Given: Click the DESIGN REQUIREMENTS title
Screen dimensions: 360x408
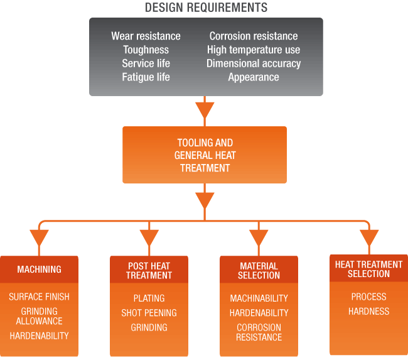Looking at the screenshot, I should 206,8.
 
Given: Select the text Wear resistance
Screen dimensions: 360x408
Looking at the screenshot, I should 146,36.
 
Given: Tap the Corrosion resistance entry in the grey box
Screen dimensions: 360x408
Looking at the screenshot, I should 254,36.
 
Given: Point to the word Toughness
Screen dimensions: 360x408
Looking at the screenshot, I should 146,50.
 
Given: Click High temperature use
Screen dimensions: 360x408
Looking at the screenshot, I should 254,50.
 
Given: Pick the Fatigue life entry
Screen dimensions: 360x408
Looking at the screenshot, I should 146,77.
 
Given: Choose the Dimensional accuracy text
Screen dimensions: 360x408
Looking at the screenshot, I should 254,63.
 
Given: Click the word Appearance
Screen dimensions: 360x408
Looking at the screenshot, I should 254,77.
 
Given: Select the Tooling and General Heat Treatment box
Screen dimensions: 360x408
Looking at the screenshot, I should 205,155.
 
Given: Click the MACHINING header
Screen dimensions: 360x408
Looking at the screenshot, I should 40,270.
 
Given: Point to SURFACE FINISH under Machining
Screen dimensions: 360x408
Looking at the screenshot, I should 40,297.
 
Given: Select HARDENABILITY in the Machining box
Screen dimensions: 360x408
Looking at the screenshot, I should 40,335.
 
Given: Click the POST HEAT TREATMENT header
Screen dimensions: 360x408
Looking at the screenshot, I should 149,271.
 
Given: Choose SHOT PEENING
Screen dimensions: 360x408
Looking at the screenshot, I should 149,313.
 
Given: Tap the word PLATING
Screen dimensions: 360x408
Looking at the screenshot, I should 149,298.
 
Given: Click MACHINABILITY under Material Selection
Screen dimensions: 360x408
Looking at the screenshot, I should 259,298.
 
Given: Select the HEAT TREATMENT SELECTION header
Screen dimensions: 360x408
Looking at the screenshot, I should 368,269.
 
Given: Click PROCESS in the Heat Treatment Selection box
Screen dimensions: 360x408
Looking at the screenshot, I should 368,297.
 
